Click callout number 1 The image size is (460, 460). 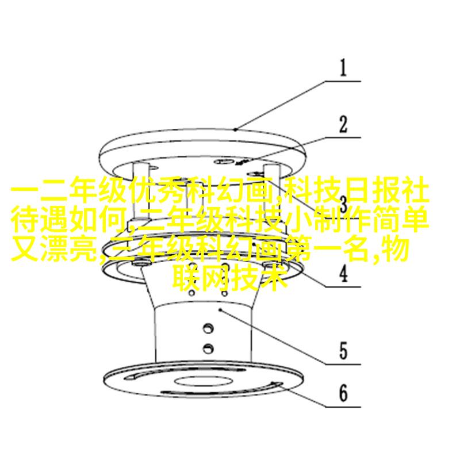point(343,68)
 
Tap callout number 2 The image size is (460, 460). point(343,124)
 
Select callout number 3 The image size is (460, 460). point(343,204)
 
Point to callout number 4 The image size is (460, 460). point(343,274)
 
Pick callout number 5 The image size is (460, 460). point(343,351)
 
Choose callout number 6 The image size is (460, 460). point(343,393)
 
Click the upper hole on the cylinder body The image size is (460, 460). point(208,328)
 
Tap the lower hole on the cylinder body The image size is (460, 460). point(208,348)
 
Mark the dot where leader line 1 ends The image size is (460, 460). point(235,129)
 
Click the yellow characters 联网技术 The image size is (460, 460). point(229,277)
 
